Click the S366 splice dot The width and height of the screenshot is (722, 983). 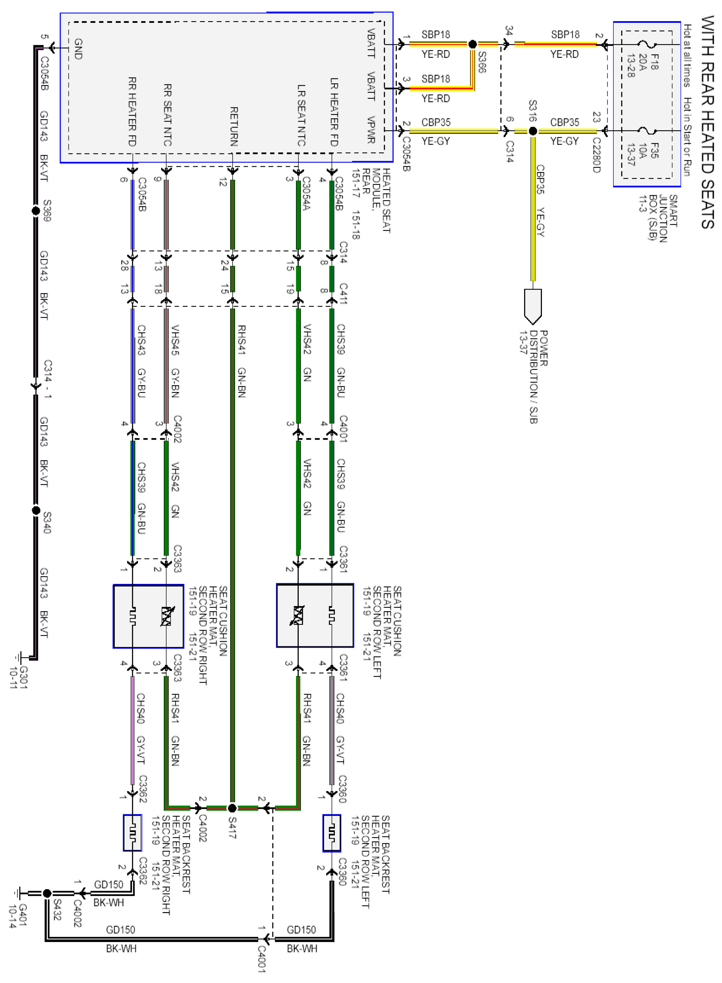click(472, 44)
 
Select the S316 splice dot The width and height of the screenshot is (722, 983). click(533, 131)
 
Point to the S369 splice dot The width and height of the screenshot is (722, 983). click(36, 211)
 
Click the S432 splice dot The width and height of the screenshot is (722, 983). click(47, 893)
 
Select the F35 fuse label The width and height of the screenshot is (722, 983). click(654, 150)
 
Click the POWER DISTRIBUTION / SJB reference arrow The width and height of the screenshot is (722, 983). click(533, 306)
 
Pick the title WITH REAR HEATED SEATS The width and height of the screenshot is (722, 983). click(708, 122)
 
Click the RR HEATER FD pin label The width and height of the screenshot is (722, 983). click(131, 112)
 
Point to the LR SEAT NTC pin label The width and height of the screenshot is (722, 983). click(301, 115)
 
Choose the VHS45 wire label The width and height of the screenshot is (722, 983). click(175, 340)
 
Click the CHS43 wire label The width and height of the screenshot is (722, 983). click(141, 340)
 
